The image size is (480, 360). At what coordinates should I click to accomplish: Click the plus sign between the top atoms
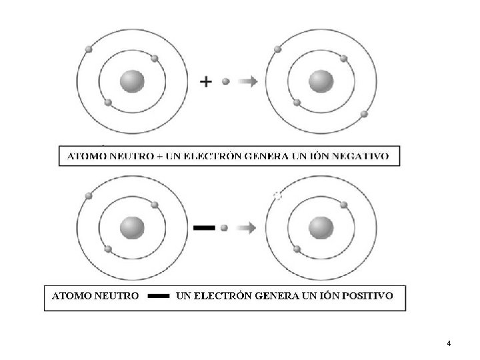[207, 81]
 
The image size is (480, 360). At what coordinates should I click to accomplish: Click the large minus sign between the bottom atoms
[203, 227]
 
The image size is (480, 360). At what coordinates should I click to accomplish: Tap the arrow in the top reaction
[248, 81]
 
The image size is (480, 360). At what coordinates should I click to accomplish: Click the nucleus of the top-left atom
[131, 81]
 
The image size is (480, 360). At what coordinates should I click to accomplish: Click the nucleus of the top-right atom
[321, 81]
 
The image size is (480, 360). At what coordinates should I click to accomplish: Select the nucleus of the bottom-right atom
[321, 227]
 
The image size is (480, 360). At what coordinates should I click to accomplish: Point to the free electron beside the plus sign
[226, 81]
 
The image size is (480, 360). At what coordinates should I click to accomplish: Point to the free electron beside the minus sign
[224, 227]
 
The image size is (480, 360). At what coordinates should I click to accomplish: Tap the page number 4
[449, 344]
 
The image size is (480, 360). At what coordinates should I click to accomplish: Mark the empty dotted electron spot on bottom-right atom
[278, 195]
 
